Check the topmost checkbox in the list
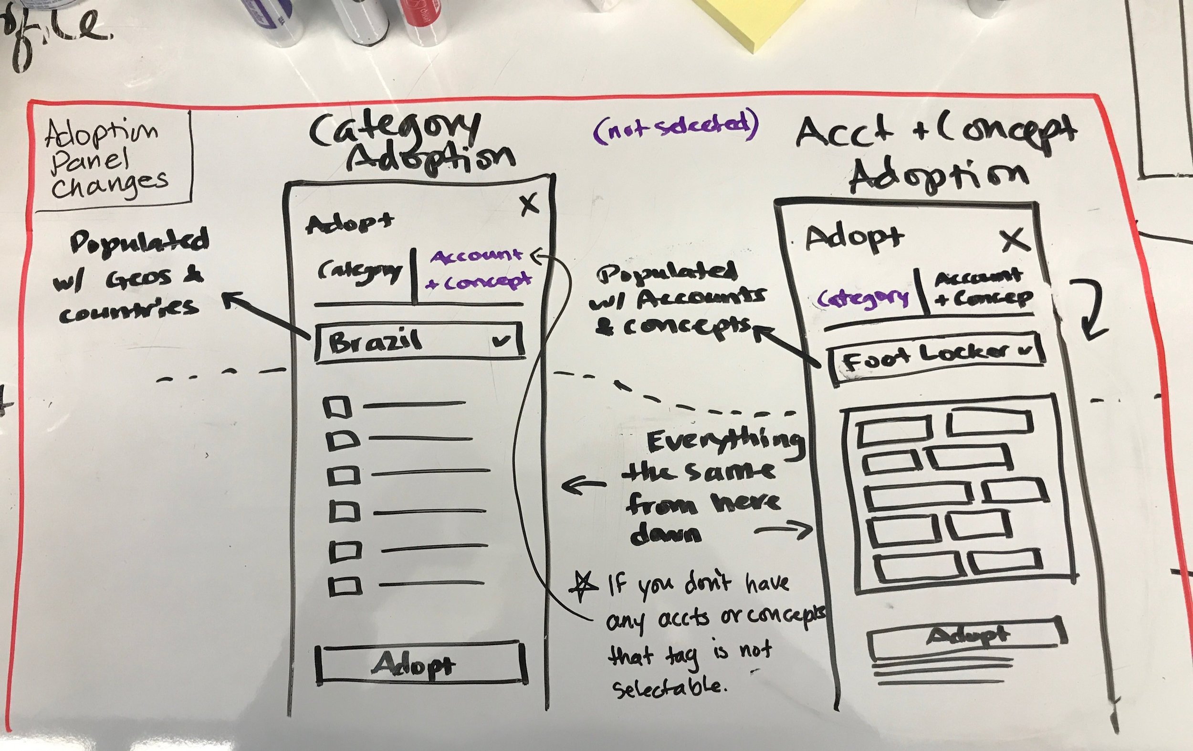point(337,407)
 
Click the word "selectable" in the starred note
point(669,687)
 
